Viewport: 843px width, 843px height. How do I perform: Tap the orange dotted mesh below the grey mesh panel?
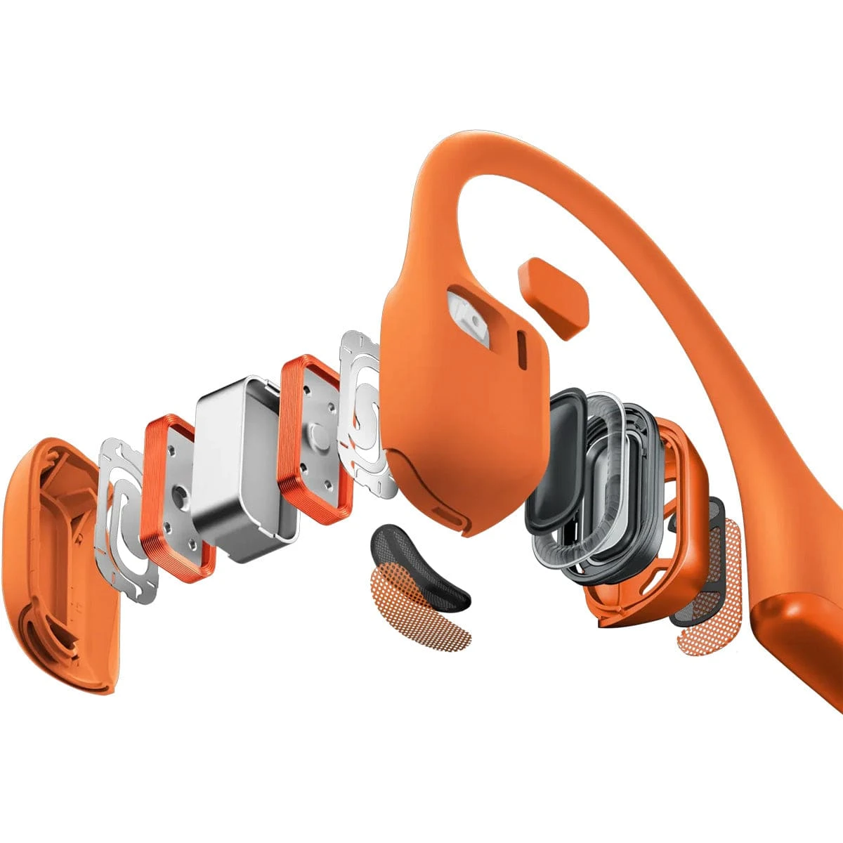pos(710,618)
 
